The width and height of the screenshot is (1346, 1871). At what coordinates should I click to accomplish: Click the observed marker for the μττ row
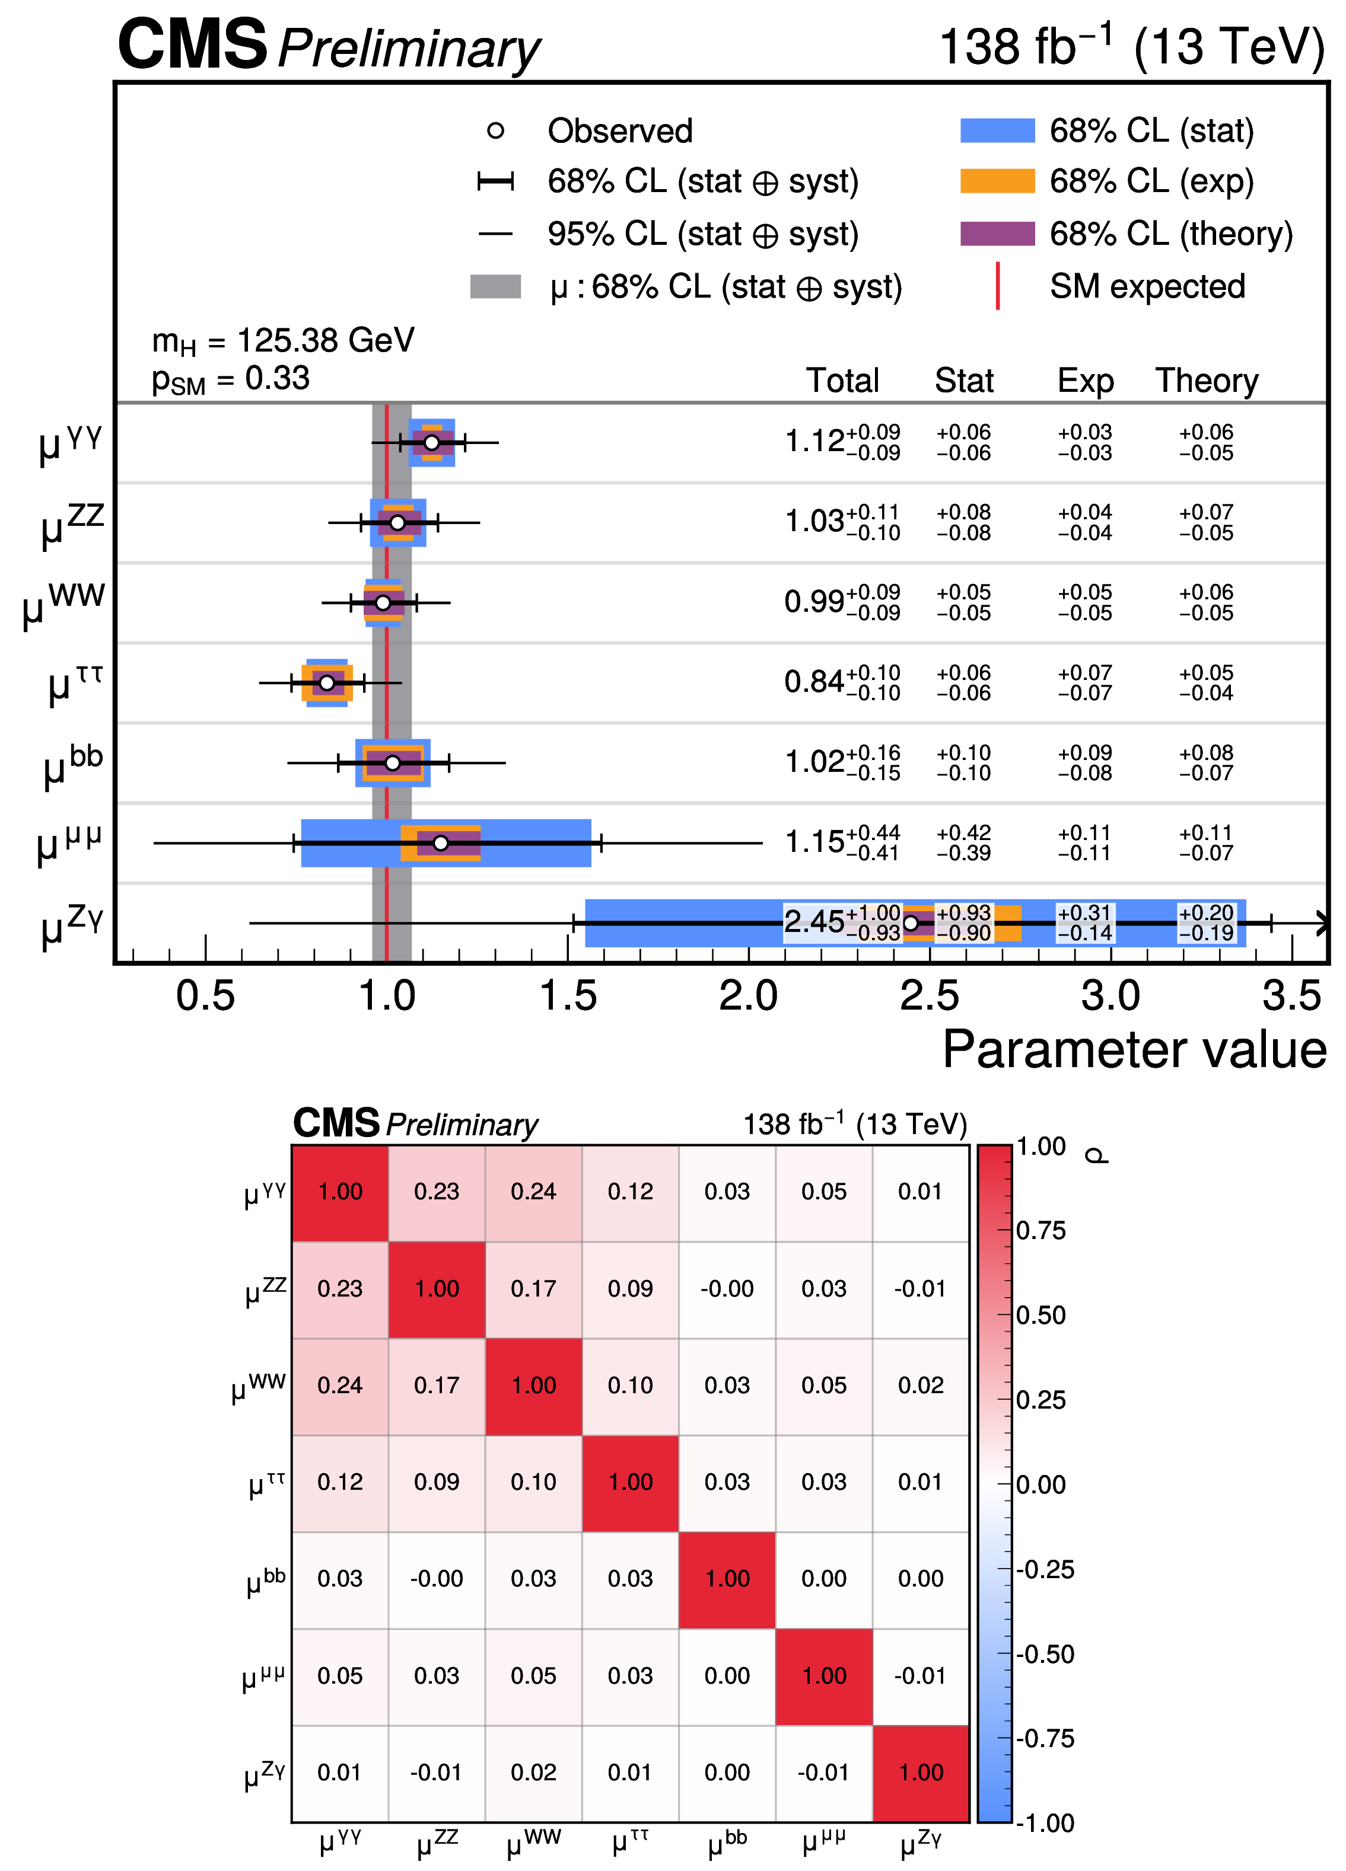tap(327, 683)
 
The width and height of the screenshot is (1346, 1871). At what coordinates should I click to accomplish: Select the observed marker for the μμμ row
tap(441, 843)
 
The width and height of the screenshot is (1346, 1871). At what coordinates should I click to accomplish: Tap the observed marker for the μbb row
tap(393, 763)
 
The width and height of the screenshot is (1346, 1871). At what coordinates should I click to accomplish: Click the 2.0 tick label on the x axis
tap(747, 996)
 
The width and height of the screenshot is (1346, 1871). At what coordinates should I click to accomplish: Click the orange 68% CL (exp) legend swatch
tap(997, 181)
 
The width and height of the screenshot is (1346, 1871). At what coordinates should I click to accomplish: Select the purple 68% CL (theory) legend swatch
tap(997, 234)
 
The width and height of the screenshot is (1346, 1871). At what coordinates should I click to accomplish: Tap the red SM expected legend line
tap(998, 286)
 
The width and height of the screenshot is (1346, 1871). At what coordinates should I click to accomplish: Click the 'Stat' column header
tap(964, 380)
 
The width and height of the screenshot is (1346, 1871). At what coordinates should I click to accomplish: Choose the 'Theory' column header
tap(1207, 380)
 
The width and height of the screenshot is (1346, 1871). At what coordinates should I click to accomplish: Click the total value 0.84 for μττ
tap(814, 682)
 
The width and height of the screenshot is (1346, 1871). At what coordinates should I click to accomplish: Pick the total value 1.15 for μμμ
tap(814, 842)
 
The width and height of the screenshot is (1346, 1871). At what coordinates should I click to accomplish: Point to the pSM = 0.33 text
tap(231, 379)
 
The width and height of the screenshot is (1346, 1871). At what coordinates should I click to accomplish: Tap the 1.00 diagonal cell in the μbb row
tap(727, 1578)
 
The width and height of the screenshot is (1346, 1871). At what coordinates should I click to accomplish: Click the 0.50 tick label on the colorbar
tap(1040, 1314)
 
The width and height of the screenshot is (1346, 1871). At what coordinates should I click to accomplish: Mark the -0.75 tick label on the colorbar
tap(1045, 1738)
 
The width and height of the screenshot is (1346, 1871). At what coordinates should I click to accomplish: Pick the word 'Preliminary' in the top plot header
tap(409, 49)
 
